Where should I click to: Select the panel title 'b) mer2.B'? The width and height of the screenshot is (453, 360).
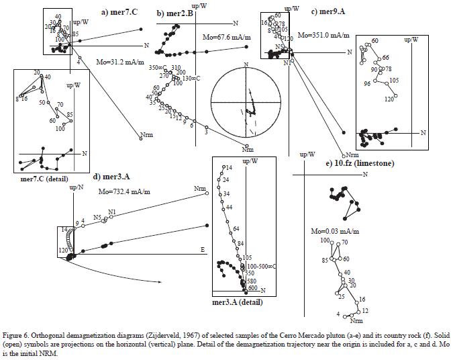pos(175,13)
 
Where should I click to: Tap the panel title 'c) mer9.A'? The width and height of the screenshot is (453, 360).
pos(330,12)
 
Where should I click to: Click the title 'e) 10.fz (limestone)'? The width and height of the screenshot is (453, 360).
pos(360,163)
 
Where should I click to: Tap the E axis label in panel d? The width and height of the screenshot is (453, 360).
pos(203,250)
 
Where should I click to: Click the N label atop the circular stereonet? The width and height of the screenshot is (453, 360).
pos(246,64)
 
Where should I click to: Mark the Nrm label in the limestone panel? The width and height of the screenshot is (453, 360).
pos(356,322)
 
